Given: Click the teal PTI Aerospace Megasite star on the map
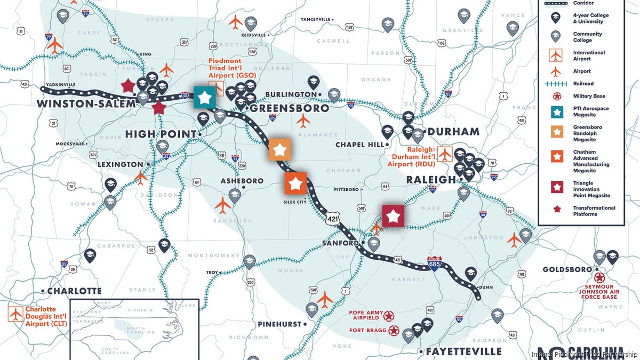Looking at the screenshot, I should coord(204,98).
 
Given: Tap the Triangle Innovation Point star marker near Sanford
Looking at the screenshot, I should coord(393,215).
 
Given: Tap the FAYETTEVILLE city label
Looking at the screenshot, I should coord(463,351).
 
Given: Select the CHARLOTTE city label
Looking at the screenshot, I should coord(74,291).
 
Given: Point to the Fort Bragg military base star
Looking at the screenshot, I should coord(394,331).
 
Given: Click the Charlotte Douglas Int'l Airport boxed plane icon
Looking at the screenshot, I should coord(15,314).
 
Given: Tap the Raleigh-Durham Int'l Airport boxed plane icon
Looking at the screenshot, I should coord(444,154).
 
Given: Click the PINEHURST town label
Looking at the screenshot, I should coord(282,324).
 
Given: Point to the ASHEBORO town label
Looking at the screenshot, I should coord(242,181).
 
